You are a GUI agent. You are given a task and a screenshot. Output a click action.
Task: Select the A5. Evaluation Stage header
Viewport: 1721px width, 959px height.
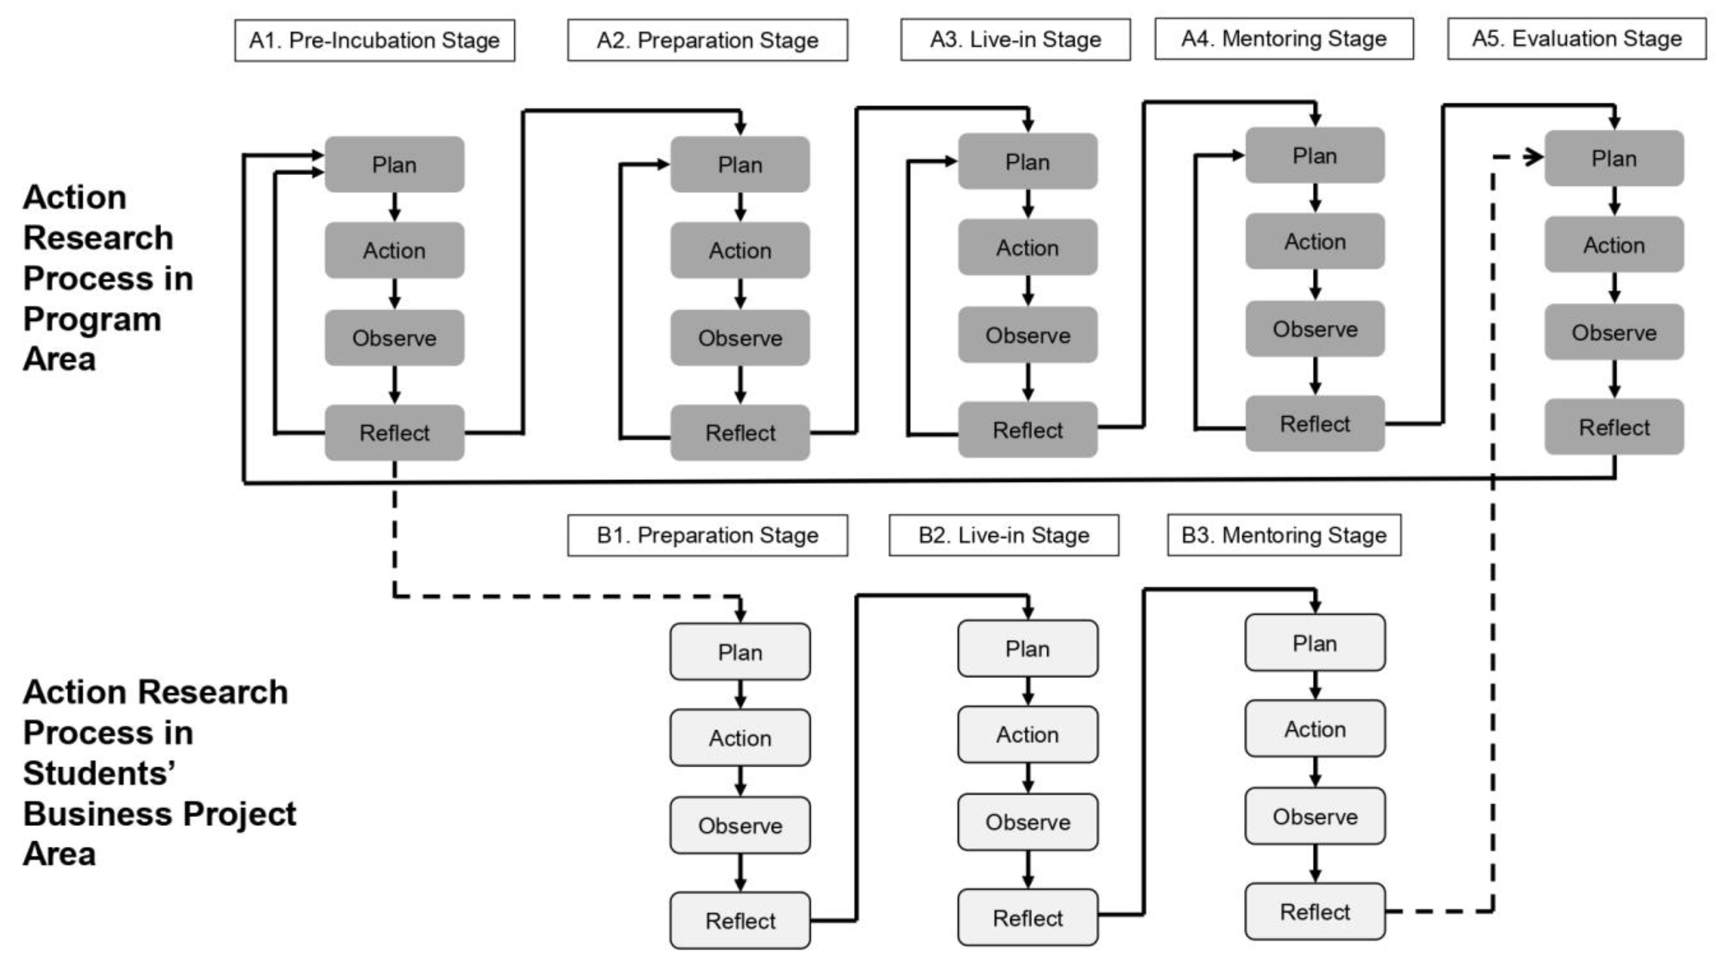pos(1576,39)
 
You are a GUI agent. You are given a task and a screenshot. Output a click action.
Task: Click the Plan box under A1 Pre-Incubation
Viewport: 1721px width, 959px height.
pos(394,164)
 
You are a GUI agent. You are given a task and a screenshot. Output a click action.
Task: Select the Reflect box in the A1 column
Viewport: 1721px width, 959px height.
pos(394,433)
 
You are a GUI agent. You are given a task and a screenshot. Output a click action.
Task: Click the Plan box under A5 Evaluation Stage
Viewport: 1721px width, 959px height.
pos(1614,158)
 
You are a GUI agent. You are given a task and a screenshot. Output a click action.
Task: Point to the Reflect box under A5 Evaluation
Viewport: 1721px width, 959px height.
pos(1614,427)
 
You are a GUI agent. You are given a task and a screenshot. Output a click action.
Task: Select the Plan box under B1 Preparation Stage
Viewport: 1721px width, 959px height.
pos(740,652)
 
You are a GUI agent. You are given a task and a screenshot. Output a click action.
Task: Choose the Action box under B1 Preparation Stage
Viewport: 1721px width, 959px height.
pos(740,738)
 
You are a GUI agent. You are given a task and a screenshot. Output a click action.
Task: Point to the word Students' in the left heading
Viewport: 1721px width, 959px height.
pos(99,773)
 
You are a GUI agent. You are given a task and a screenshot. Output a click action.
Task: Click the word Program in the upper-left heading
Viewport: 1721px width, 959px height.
pos(92,319)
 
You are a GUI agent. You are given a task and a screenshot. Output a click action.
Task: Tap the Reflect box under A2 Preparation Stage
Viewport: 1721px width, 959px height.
pos(740,433)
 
